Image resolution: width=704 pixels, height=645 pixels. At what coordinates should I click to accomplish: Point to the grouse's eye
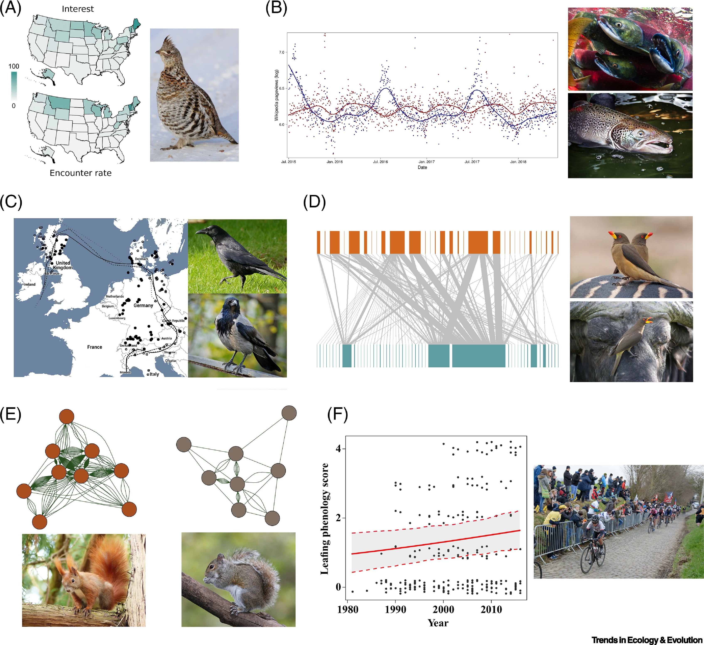click(169, 52)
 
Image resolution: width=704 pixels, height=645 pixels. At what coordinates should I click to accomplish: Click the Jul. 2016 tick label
click(380, 162)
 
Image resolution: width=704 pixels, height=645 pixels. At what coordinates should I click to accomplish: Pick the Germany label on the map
click(143, 305)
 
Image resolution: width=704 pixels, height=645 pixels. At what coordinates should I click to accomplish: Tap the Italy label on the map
click(154, 374)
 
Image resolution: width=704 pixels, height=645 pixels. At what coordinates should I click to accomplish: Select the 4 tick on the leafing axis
click(338, 449)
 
